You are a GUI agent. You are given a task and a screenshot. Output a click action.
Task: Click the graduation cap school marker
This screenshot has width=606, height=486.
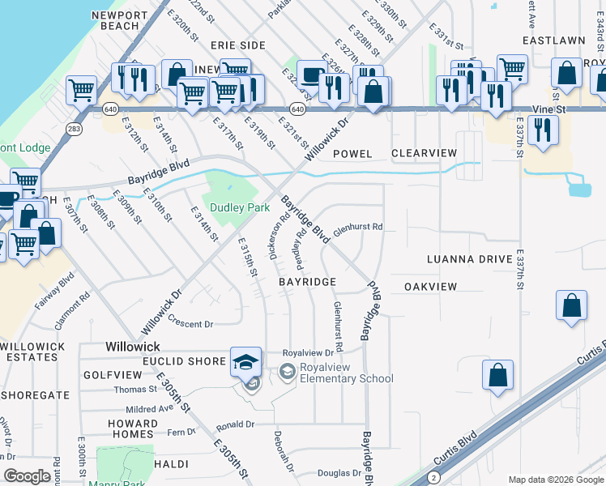pos(246,362)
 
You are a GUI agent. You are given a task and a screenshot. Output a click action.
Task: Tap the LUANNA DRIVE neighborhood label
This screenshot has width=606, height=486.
pos(470,259)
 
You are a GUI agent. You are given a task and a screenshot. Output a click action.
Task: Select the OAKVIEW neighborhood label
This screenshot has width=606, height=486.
pos(430,287)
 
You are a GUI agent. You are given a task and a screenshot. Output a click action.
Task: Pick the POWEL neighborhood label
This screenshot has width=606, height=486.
pos(352,153)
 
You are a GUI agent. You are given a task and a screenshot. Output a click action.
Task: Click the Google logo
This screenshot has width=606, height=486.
pos(27,476)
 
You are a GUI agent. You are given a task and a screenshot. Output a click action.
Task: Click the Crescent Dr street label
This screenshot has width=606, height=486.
pos(190,323)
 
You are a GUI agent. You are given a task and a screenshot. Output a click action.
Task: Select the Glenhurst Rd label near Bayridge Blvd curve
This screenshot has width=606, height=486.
pos(357,228)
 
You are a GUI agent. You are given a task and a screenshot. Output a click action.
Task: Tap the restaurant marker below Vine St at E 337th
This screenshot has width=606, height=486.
pos(542,130)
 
